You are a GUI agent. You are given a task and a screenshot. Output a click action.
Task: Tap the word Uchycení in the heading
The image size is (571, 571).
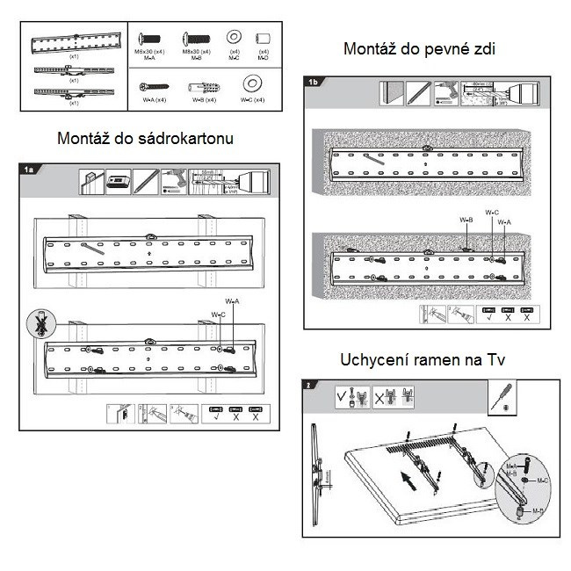(x=376, y=360)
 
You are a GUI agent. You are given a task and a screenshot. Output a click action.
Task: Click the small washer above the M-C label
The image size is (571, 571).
(x=235, y=38)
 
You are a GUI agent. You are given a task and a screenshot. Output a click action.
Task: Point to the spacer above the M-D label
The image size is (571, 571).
(x=262, y=39)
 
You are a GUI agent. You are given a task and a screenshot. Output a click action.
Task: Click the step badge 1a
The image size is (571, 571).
(x=28, y=168)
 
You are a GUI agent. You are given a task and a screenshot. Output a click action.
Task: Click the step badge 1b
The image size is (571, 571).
(x=314, y=83)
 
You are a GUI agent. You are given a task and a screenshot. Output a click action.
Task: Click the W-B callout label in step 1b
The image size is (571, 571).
(x=466, y=220)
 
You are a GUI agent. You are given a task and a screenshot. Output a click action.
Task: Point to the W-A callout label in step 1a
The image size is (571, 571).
(x=231, y=301)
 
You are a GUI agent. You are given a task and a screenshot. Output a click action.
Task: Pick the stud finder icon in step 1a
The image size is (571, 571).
(x=119, y=183)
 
